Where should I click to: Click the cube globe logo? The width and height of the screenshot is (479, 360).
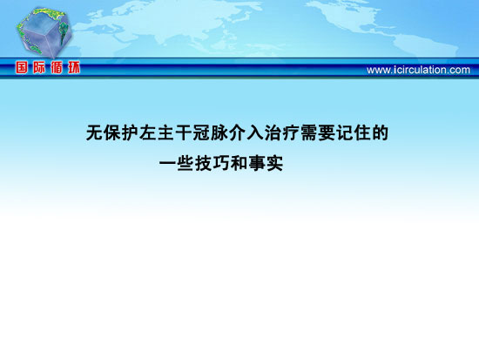[44, 32]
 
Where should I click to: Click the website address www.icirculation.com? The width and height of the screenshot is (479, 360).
[418, 70]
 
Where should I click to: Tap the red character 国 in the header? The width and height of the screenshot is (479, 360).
[22, 68]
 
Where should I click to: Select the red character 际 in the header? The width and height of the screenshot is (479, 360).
[39, 68]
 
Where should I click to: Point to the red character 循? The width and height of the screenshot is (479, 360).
[57, 68]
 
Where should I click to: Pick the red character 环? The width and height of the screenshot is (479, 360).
[74, 68]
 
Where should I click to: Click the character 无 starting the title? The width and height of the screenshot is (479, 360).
[94, 132]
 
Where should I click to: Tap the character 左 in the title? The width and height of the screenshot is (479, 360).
[148, 132]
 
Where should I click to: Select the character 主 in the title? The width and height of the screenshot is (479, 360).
[165, 132]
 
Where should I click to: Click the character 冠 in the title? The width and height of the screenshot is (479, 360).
[202, 132]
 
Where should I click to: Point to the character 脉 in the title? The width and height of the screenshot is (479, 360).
[219, 132]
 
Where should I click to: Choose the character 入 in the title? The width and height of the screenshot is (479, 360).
[255, 132]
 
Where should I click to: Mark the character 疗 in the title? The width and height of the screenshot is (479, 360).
[291, 132]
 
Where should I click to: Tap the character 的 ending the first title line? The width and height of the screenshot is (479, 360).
[381, 132]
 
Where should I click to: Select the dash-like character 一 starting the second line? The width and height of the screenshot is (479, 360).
[167, 163]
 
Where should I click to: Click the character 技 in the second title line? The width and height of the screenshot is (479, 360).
[203, 163]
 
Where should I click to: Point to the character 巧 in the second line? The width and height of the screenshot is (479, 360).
[221, 163]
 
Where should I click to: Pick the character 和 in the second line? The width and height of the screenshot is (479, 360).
[239, 163]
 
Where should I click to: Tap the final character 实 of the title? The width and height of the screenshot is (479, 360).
[274, 163]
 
